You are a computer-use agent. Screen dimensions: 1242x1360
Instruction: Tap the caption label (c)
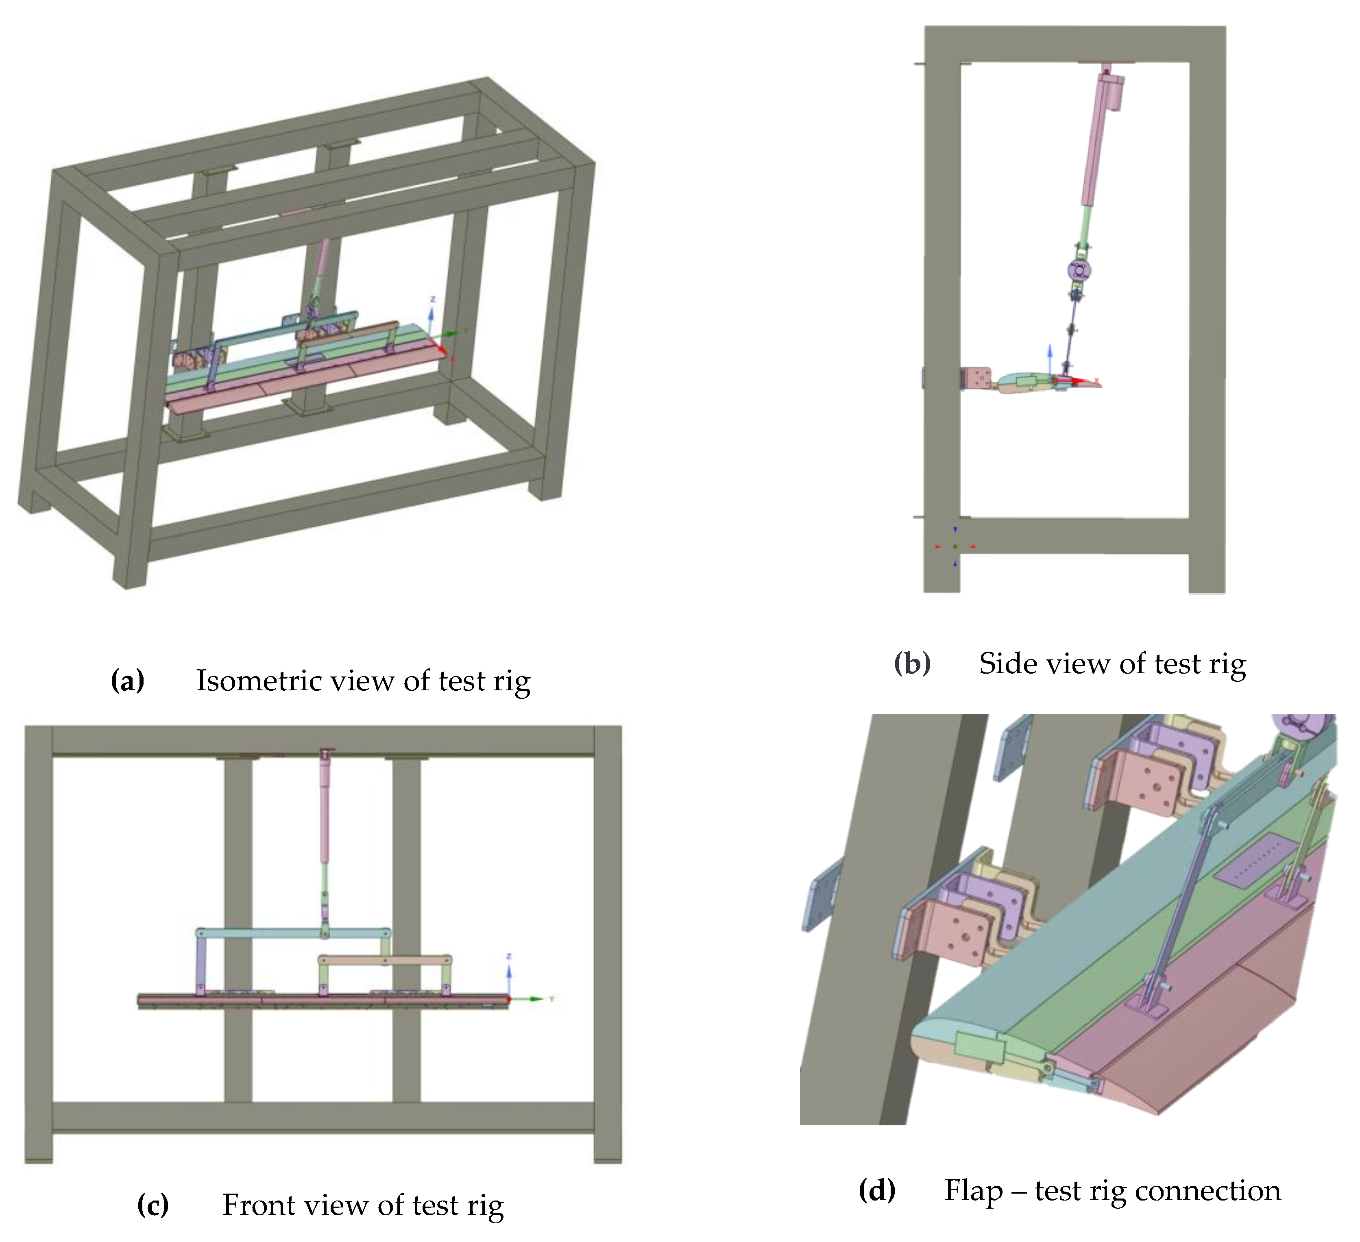click(x=153, y=1204)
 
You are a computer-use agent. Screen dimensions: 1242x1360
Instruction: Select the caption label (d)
click(x=876, y=1190)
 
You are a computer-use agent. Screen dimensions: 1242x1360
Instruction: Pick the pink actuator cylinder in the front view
click(x=326, y=809)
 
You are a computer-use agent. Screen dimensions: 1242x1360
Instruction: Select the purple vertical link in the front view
click(x=201, y=964)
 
